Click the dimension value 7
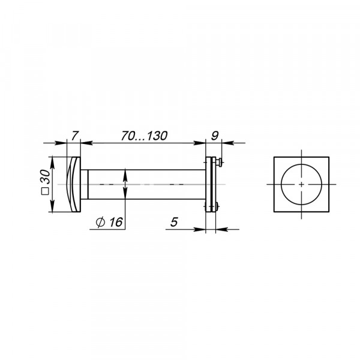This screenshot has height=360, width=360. click(75, 136)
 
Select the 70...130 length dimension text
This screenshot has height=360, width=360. click(144, 136)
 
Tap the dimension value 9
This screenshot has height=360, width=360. click(215, 136)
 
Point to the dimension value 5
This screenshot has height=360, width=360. click(174, 222)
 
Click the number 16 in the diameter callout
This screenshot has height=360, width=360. click(116, 222)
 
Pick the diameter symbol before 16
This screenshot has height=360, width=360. click(100, 222)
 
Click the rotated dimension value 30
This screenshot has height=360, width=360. click(46, 176)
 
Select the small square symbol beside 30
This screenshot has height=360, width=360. click(45, 191)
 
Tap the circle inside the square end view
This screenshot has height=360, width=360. click(281, 184)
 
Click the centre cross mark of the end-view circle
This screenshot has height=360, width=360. click(301, 184)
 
